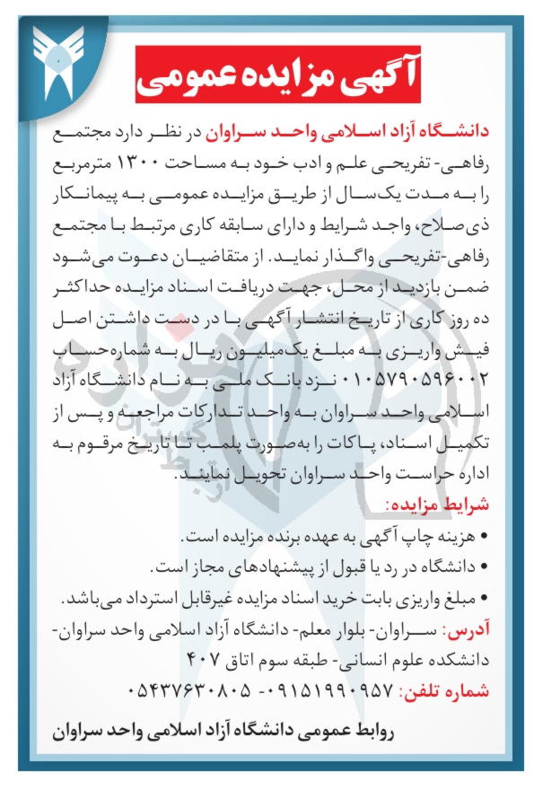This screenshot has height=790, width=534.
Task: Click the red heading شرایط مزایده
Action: (x=439, y=505)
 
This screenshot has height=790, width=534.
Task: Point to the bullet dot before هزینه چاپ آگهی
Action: (x=485, y=538)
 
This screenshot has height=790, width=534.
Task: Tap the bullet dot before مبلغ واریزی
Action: (x=485, y=597)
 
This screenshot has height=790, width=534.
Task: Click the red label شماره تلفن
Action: (x=441, y=693)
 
